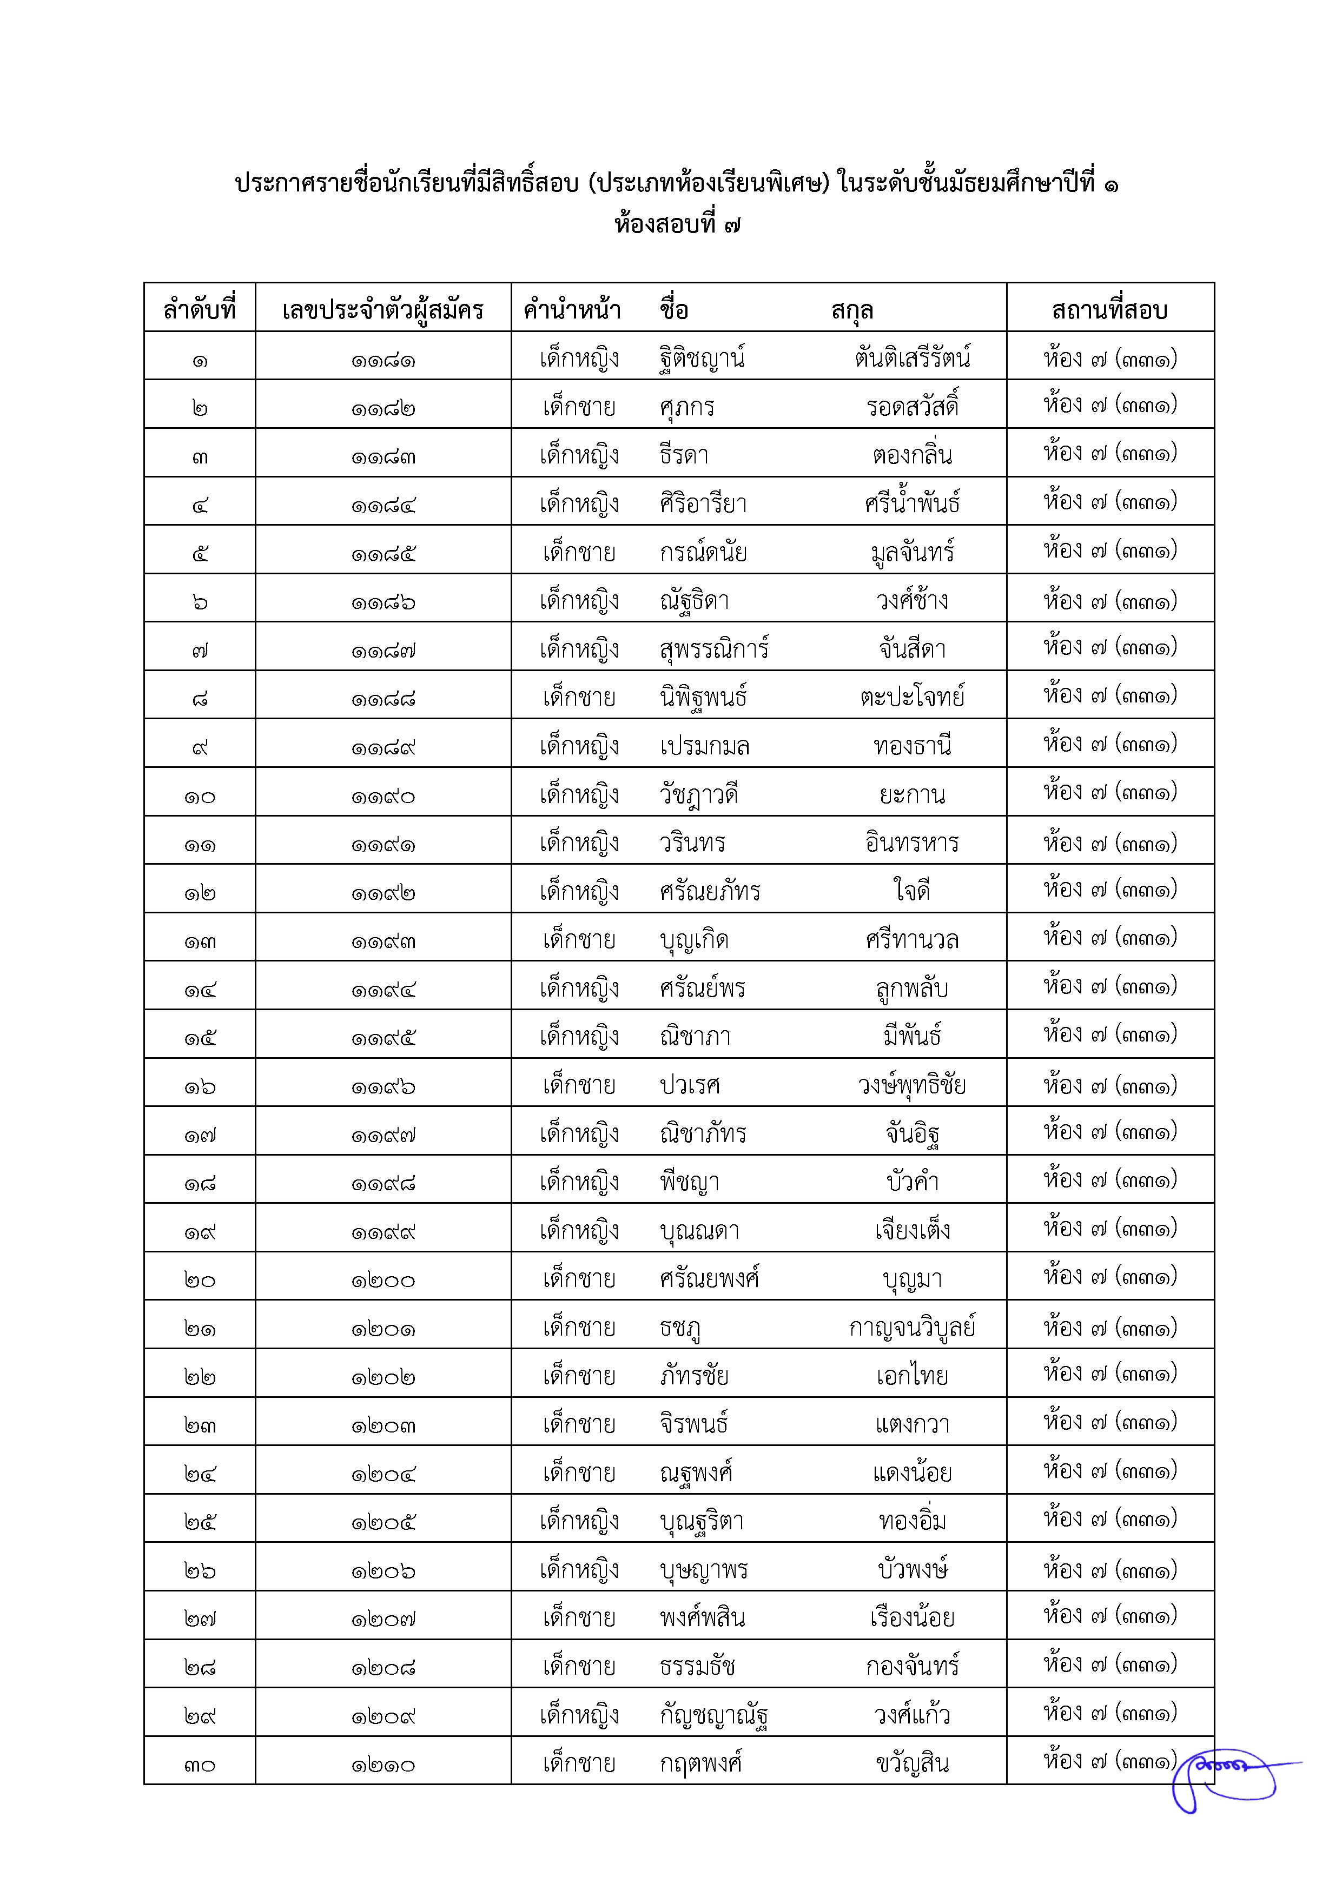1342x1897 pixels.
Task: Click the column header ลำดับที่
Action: [x=199, y=310]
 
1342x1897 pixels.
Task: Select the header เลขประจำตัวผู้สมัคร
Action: [x=382, y=310]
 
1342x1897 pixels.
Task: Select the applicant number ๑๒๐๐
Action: [x=382, y=1281]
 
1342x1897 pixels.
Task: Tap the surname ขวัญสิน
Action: [x=913, y=1763]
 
